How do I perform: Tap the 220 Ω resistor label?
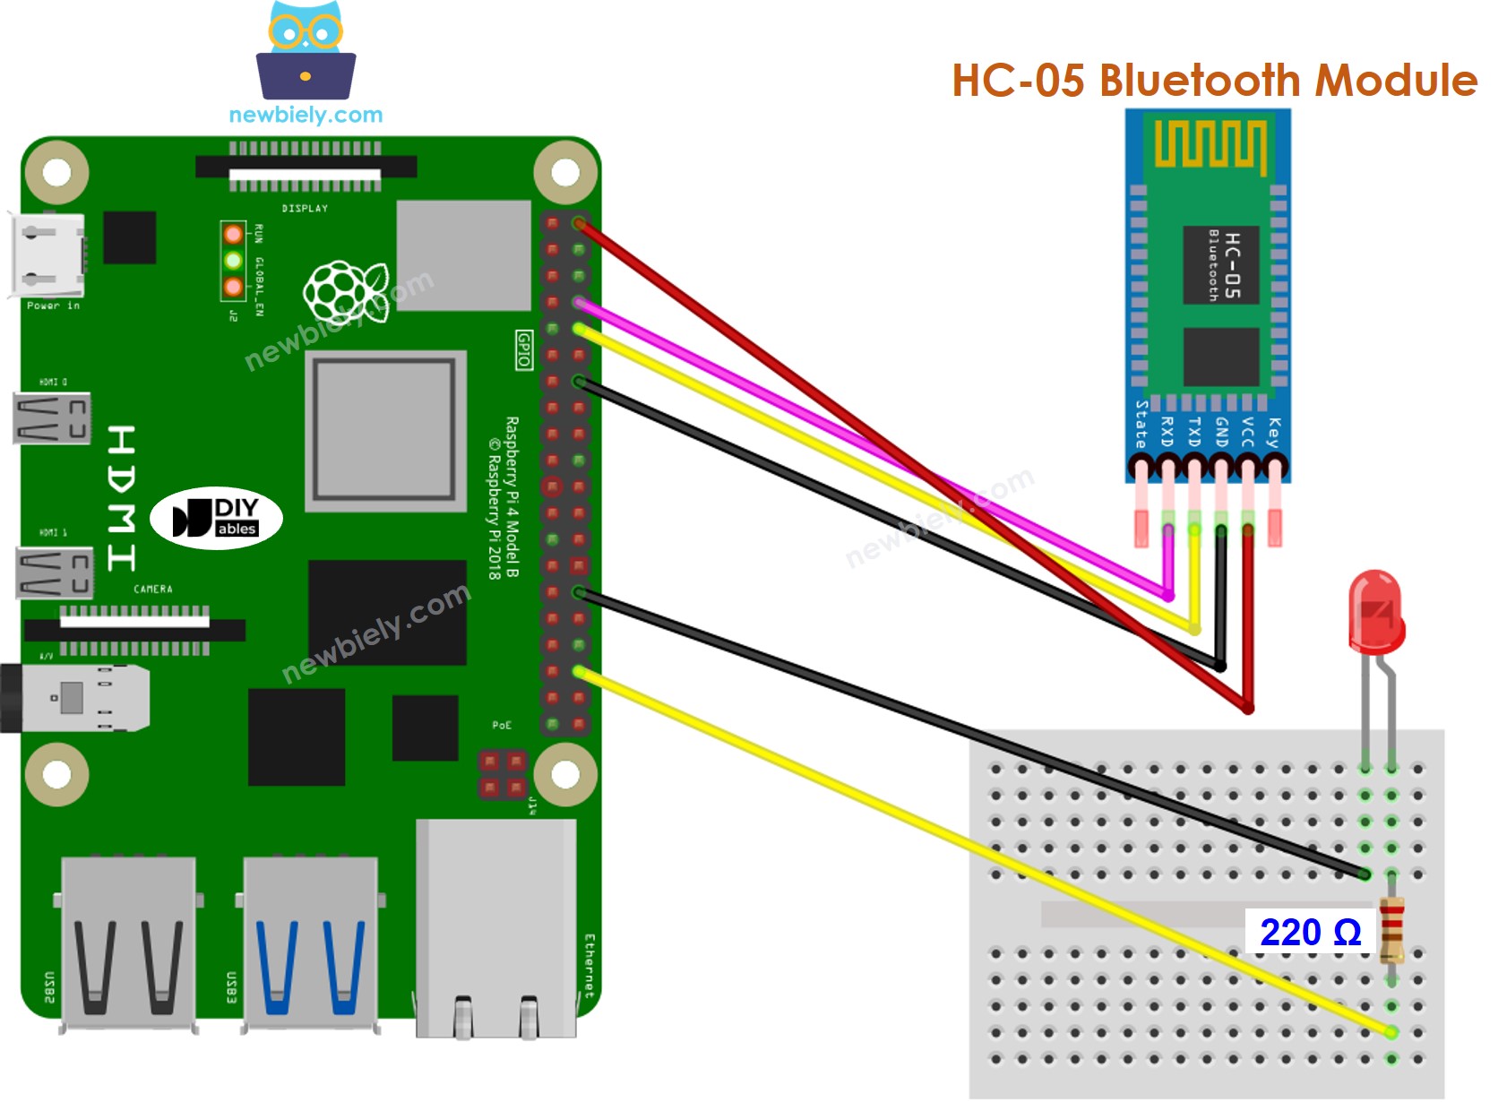click(1310, 933)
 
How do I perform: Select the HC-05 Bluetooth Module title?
click(1214, 80)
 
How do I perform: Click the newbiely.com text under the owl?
click(306, 115)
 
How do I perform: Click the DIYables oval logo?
click(216, 518)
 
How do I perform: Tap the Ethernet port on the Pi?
click(495, 927)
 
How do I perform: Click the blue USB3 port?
click(310, 941)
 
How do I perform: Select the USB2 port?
click(128, 941)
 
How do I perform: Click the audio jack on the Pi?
click(76, 698)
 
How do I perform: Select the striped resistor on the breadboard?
click(1391, 931)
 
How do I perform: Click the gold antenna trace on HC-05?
click(1209, 144)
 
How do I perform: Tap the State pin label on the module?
click(1141, 425)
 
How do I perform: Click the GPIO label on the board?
click(524, 349)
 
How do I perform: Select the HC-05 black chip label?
click(1221, 264)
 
